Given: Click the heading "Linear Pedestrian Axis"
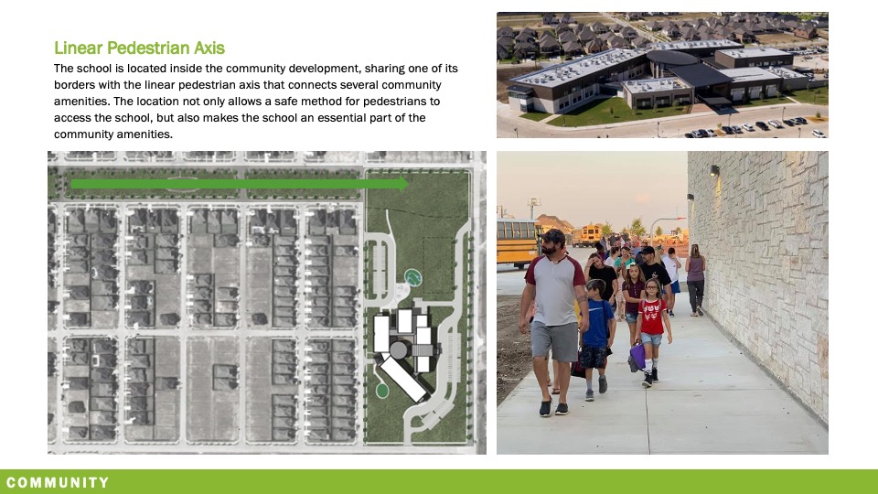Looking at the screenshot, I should click(139, 48).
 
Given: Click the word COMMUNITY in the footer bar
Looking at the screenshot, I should click(58, 482).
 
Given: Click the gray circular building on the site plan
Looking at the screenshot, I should click(399, 349).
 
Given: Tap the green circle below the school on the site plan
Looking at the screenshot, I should click(382, 391).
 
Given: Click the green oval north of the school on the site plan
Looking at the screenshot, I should click(413, 275).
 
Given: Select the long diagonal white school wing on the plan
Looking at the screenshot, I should click(403, 379).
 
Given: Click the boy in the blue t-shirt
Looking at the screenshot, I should click(597, 334).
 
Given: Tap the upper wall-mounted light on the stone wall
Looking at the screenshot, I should click(713, 171).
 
